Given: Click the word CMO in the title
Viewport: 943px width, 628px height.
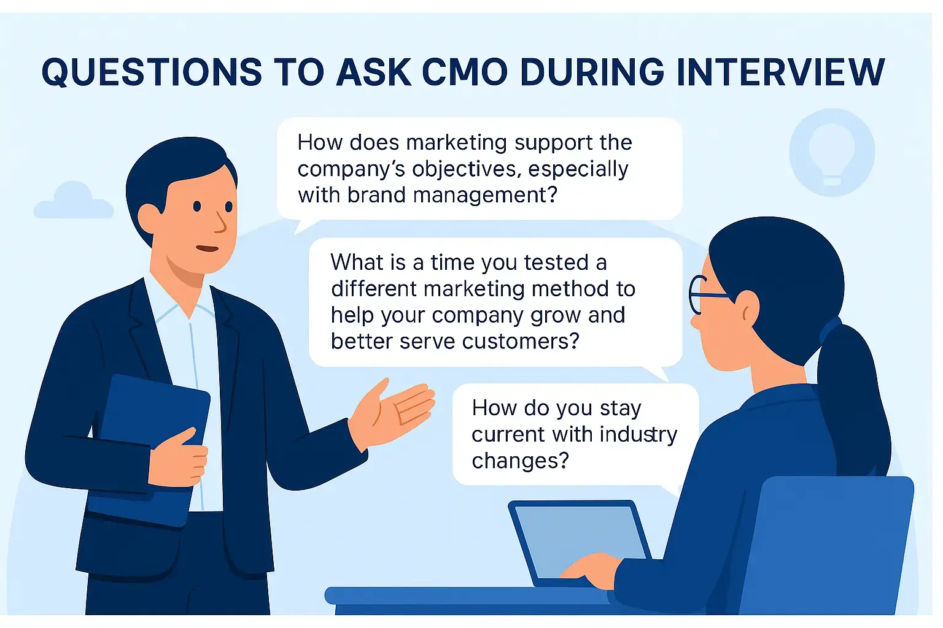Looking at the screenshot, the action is (465, 72).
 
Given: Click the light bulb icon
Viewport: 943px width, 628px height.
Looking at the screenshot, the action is (831, 152).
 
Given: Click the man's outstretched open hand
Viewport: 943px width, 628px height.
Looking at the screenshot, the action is (392, 415).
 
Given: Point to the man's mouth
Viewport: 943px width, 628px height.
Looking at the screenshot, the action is (207, 248).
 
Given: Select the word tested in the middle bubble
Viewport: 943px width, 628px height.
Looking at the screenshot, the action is (556, 262).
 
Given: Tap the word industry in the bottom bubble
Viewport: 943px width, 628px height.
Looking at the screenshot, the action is (638, 435).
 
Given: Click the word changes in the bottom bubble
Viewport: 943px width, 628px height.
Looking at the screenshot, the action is (521, 461).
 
